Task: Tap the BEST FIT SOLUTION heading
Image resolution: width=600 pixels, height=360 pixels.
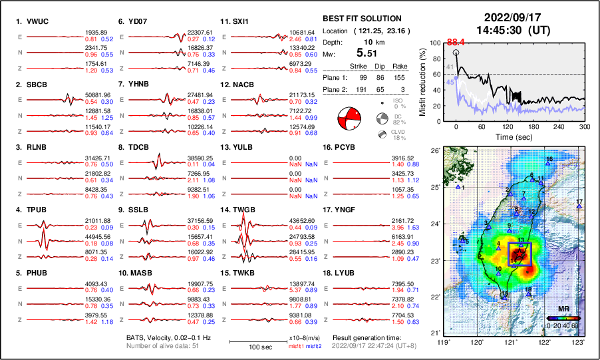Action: (361, 19)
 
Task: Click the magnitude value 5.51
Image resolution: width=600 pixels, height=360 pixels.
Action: (367, 53)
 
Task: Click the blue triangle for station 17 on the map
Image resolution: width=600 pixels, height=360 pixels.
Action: (579, 207)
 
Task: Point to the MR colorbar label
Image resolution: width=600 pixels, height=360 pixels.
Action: (563, 309)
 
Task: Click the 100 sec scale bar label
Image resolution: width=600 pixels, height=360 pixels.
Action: (249, 348)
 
